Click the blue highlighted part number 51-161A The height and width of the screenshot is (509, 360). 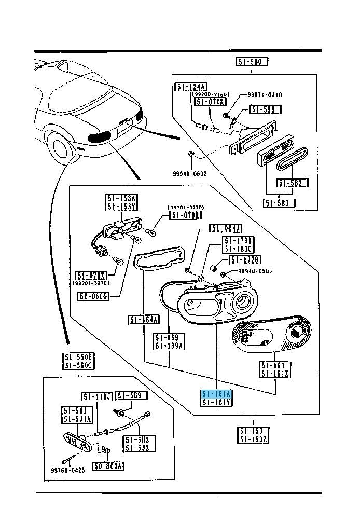tap(217, 394)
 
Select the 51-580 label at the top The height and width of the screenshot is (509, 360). tap(252, 62)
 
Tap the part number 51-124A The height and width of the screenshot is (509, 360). tap(190, 87)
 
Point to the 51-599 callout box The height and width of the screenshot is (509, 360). tap(265, 109)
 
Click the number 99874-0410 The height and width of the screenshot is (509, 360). tap(265, 94)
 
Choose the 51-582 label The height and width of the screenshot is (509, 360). tap(293, 183)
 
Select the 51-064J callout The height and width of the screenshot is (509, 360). tap(226, 228)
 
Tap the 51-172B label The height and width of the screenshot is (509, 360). tap(245, 259)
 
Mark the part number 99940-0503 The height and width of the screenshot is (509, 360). tap(255, 271)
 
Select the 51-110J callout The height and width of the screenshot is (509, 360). tap(97, 396)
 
